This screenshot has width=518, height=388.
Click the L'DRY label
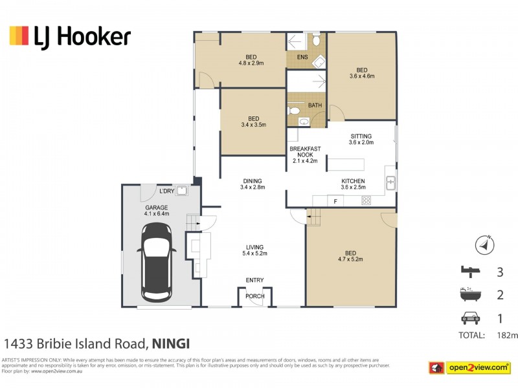click(166, 191)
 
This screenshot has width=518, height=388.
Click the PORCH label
click(254, 296)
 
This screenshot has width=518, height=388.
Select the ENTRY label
click(254, 280)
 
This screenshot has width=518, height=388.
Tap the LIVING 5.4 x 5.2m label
click(254, 250)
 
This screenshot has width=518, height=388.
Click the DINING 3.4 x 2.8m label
click(253, 184)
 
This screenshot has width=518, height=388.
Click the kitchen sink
click(390, 182)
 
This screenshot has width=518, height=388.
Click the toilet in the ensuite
click(315, 40)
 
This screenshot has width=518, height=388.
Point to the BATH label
click(315, 105)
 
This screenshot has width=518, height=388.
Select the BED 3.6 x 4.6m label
click(361, 73)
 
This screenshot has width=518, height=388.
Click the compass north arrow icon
click(484, 245)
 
